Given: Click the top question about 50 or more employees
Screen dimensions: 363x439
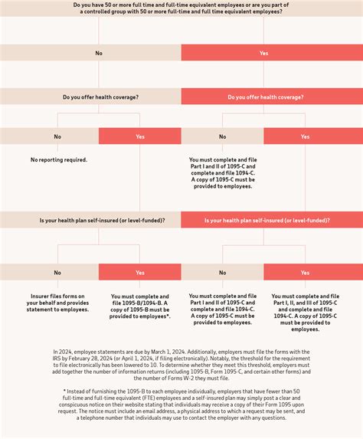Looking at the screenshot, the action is tap(181, 8).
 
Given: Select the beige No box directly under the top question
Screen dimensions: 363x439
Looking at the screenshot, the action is tap(90, 53).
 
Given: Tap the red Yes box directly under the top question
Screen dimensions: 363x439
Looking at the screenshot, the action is tap(272, 53).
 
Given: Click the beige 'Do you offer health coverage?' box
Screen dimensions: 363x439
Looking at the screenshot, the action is tap(90, 97).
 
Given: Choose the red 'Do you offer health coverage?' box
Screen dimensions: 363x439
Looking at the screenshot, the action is tap(272, 97).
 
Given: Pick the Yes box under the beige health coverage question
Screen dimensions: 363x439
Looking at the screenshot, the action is tap(140, 136).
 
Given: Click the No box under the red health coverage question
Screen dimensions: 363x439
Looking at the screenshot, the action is tap(223, 136).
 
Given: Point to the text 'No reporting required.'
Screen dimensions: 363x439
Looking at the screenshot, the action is tap(58, 159).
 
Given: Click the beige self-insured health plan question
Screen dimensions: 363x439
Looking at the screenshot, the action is tap(90, 220).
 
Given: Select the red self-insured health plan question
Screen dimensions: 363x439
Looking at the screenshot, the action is tap(272, 220).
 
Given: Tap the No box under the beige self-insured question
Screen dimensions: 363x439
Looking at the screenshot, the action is tap(57, 272).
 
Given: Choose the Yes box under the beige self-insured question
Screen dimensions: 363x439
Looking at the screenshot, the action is tap(140, 272).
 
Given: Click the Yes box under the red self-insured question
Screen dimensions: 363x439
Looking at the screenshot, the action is tap(305, 272).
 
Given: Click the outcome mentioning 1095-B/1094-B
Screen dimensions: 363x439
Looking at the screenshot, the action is tap(140, 306).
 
